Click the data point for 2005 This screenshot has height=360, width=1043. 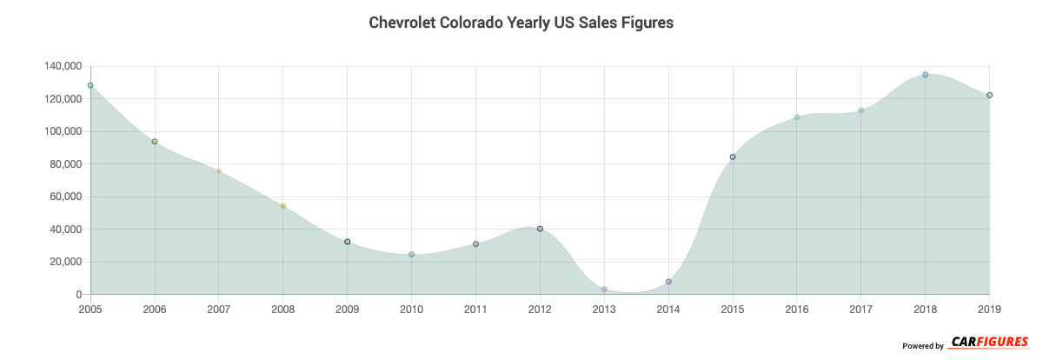[x=90, y=85]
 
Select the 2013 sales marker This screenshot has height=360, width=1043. [x=604, y=289]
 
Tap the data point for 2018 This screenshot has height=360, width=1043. [x=926, y=75]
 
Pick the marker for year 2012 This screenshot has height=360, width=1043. [x=540, y=229]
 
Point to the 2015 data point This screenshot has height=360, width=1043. [x=733, y=157]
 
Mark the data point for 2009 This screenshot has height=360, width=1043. [x=348, y=242]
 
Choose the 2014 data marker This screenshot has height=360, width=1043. [x=668, y=282]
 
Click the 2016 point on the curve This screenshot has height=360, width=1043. [x=797, y=117]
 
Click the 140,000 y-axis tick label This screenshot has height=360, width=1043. [x=61, y=66]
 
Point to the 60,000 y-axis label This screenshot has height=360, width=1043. [x=64, y=197]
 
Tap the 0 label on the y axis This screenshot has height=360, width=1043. [x=78, y=295]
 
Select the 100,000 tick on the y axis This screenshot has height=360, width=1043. [x=61, y=131]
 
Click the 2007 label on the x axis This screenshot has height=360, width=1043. [x=219, y=309]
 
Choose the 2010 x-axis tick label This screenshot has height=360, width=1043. [x=411, y=309]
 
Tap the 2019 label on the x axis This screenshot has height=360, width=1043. [x=989, y=309]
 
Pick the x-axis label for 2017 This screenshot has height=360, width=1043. [x=860, y=309]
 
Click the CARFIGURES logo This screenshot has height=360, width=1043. [x=989, y=343]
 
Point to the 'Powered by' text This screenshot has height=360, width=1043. [x=923, y=346]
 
